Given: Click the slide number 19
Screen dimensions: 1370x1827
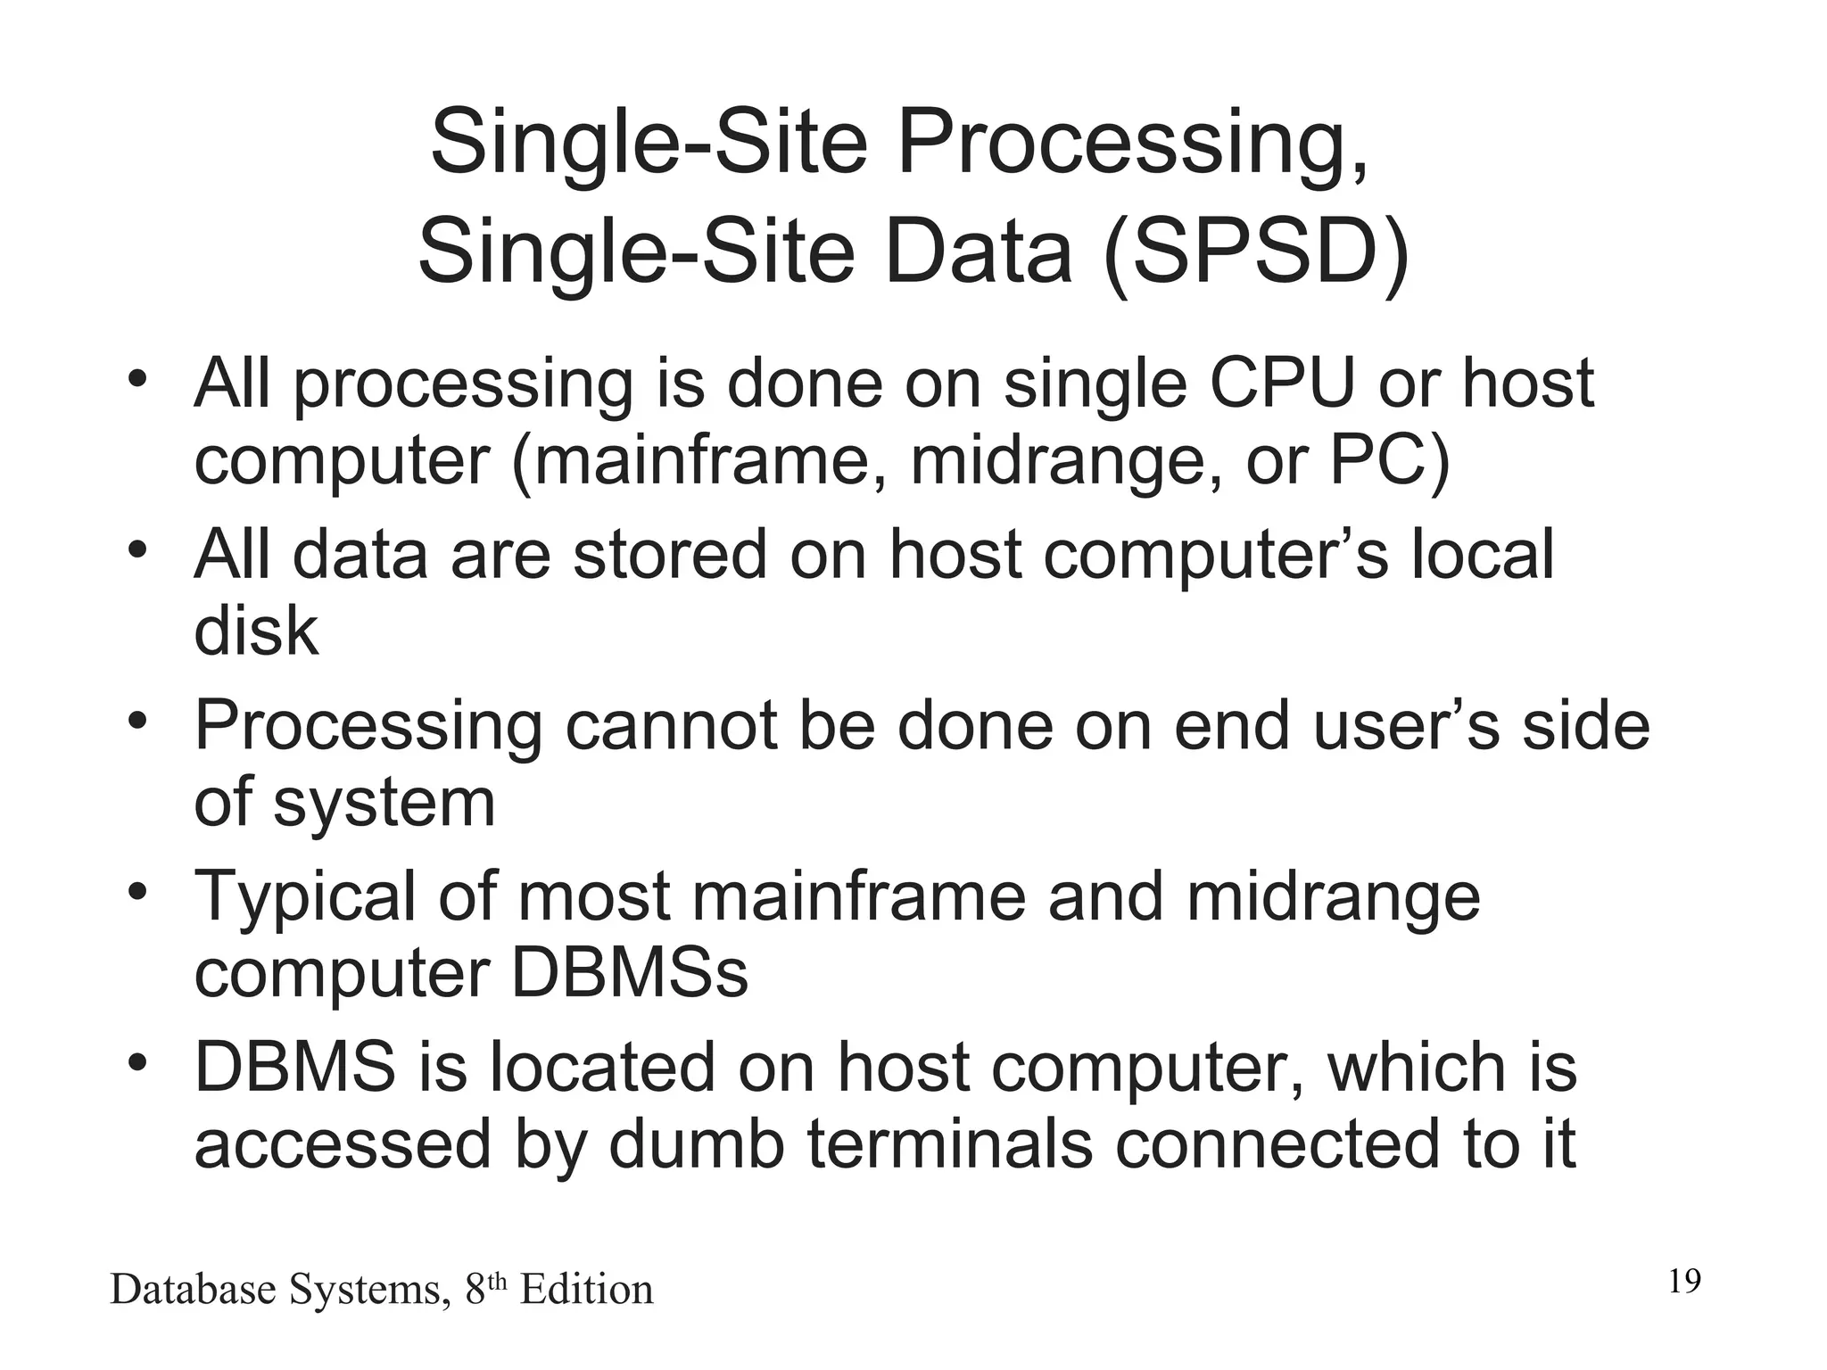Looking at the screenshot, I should tap(1684, 1282).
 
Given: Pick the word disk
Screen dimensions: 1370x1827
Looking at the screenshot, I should tap(256, 631).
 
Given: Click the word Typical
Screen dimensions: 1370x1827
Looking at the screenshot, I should tap(304, 897).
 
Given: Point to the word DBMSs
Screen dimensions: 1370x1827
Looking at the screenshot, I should tap(629, 974).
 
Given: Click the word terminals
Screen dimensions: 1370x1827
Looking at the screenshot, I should tap(950, 1145).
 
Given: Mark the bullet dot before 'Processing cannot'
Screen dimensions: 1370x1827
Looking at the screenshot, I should tap(136, 721).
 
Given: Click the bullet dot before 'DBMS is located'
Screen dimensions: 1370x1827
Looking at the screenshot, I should tap(136, 1063).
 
